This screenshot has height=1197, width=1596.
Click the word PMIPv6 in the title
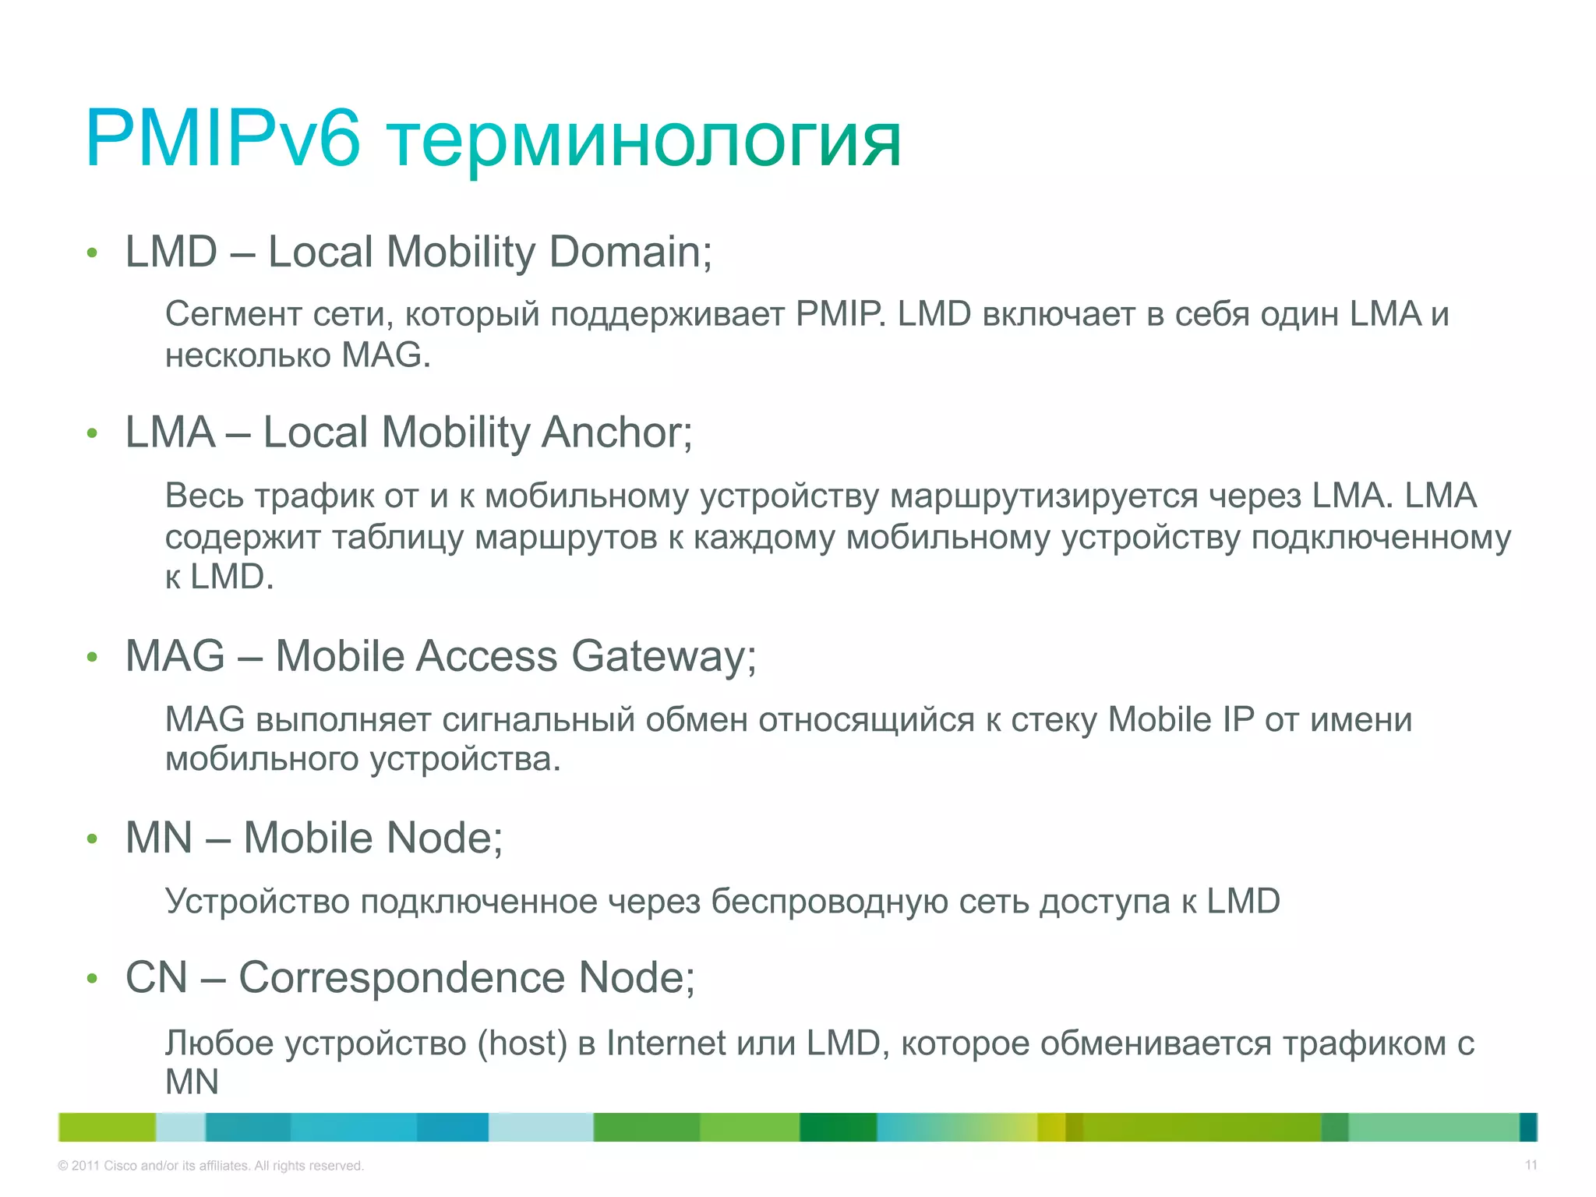(223, 139)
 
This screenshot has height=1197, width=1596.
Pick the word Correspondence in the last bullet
(401, 977)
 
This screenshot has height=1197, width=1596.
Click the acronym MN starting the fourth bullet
(158, 839)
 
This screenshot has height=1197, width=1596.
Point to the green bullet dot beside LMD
(92, 253)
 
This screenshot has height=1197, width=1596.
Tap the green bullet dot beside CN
(92, 979)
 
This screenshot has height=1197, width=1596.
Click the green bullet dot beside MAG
(92, 658)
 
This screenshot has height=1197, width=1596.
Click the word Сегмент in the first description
(233, 314)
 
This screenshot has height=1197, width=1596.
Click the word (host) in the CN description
(522, 1043)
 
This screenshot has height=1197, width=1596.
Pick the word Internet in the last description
(666, 1043)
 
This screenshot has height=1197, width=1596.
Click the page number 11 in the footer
(1531, 1165)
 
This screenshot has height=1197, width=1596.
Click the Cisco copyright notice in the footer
(210, 1166)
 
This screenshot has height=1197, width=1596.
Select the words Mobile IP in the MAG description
(1181, 719)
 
